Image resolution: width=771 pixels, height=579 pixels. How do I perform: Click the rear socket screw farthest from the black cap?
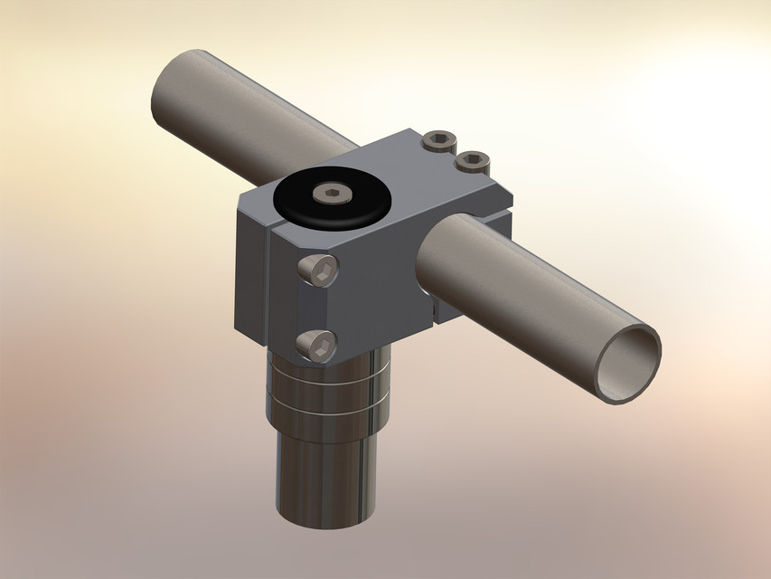[x=471, y=163]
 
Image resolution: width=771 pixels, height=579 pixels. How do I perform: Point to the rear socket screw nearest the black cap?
[x=438, y=141]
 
